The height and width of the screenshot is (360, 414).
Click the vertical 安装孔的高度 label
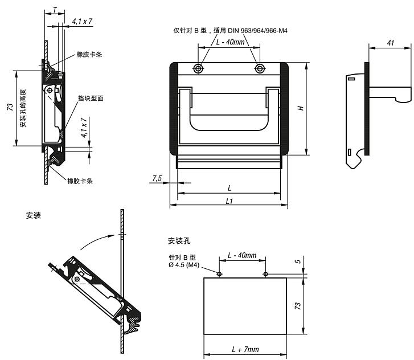(23, 108)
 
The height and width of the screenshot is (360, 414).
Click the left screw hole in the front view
(198, 69)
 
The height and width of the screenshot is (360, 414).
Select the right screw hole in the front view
(260, 69)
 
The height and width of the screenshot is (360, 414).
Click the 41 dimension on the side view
(390, 43)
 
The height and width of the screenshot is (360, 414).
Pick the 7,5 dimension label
(157, 178)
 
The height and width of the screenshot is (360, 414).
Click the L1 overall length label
(229, 201)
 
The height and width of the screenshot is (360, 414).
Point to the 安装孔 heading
(179, 240)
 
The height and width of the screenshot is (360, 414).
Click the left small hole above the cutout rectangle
(219, 274)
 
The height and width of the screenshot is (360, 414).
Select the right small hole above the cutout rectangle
(265, 274)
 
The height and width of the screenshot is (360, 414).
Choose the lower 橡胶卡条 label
(80, 181)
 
